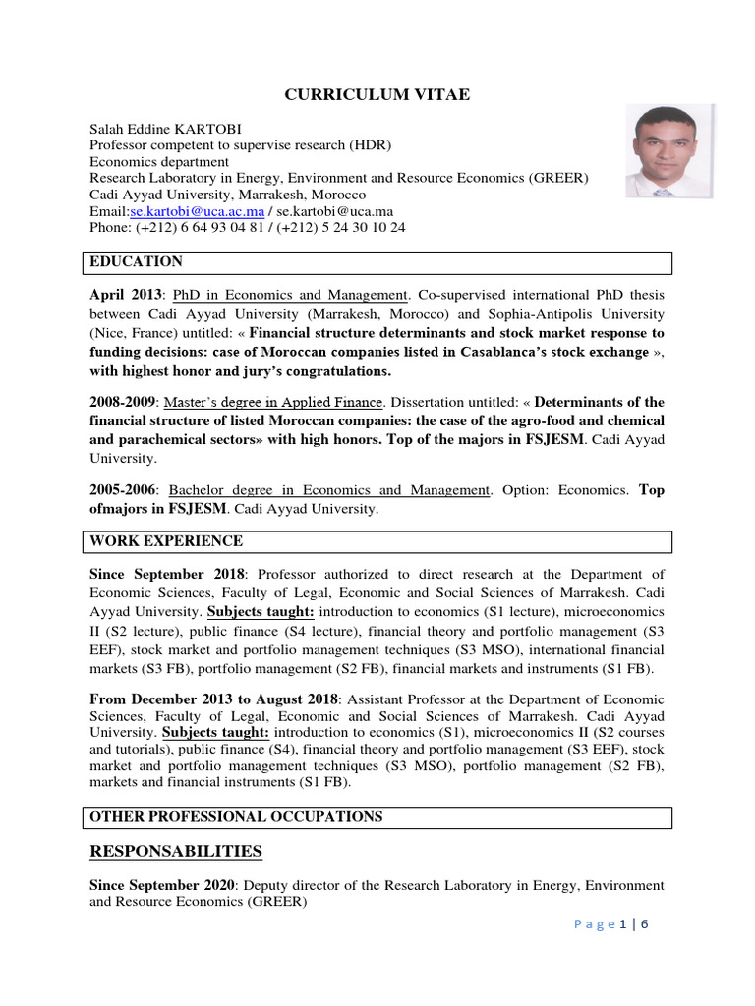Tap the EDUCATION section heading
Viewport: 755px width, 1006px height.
click(x=136, y=262)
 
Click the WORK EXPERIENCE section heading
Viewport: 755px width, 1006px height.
click(x=166, y=541)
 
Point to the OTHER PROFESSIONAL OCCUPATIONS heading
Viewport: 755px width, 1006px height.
click(x=236, y=817)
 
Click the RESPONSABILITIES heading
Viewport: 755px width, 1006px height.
click(x=176, y=850)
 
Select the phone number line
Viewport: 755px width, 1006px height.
click(x=247, y=227)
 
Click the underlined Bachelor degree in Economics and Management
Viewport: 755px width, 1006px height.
click(x=329, y=489)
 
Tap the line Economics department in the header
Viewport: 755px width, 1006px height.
click(x=159, y=162)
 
